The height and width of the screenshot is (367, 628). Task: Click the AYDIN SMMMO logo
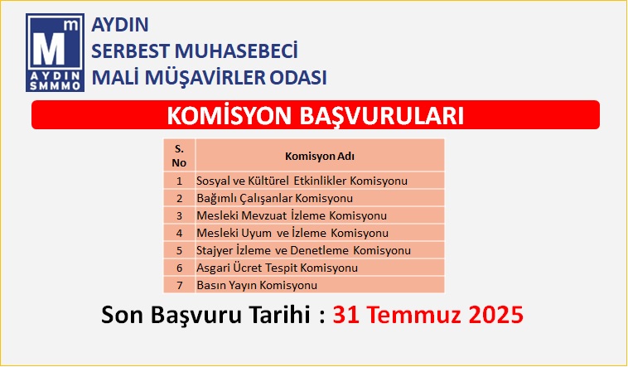(x=55, y=52)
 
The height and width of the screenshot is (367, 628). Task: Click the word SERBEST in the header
(x=131, y=51)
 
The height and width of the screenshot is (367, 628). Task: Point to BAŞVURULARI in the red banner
(x=381, y=116)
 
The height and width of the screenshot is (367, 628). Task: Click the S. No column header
(x=179, y=156)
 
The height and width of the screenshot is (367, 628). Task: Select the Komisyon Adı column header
(x=320, y=156)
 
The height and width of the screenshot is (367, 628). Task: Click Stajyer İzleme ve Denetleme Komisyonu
(x=303, y=250)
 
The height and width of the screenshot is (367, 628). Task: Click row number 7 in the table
(x=180, y=285)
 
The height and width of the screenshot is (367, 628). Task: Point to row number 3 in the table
(x=180, y=215)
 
